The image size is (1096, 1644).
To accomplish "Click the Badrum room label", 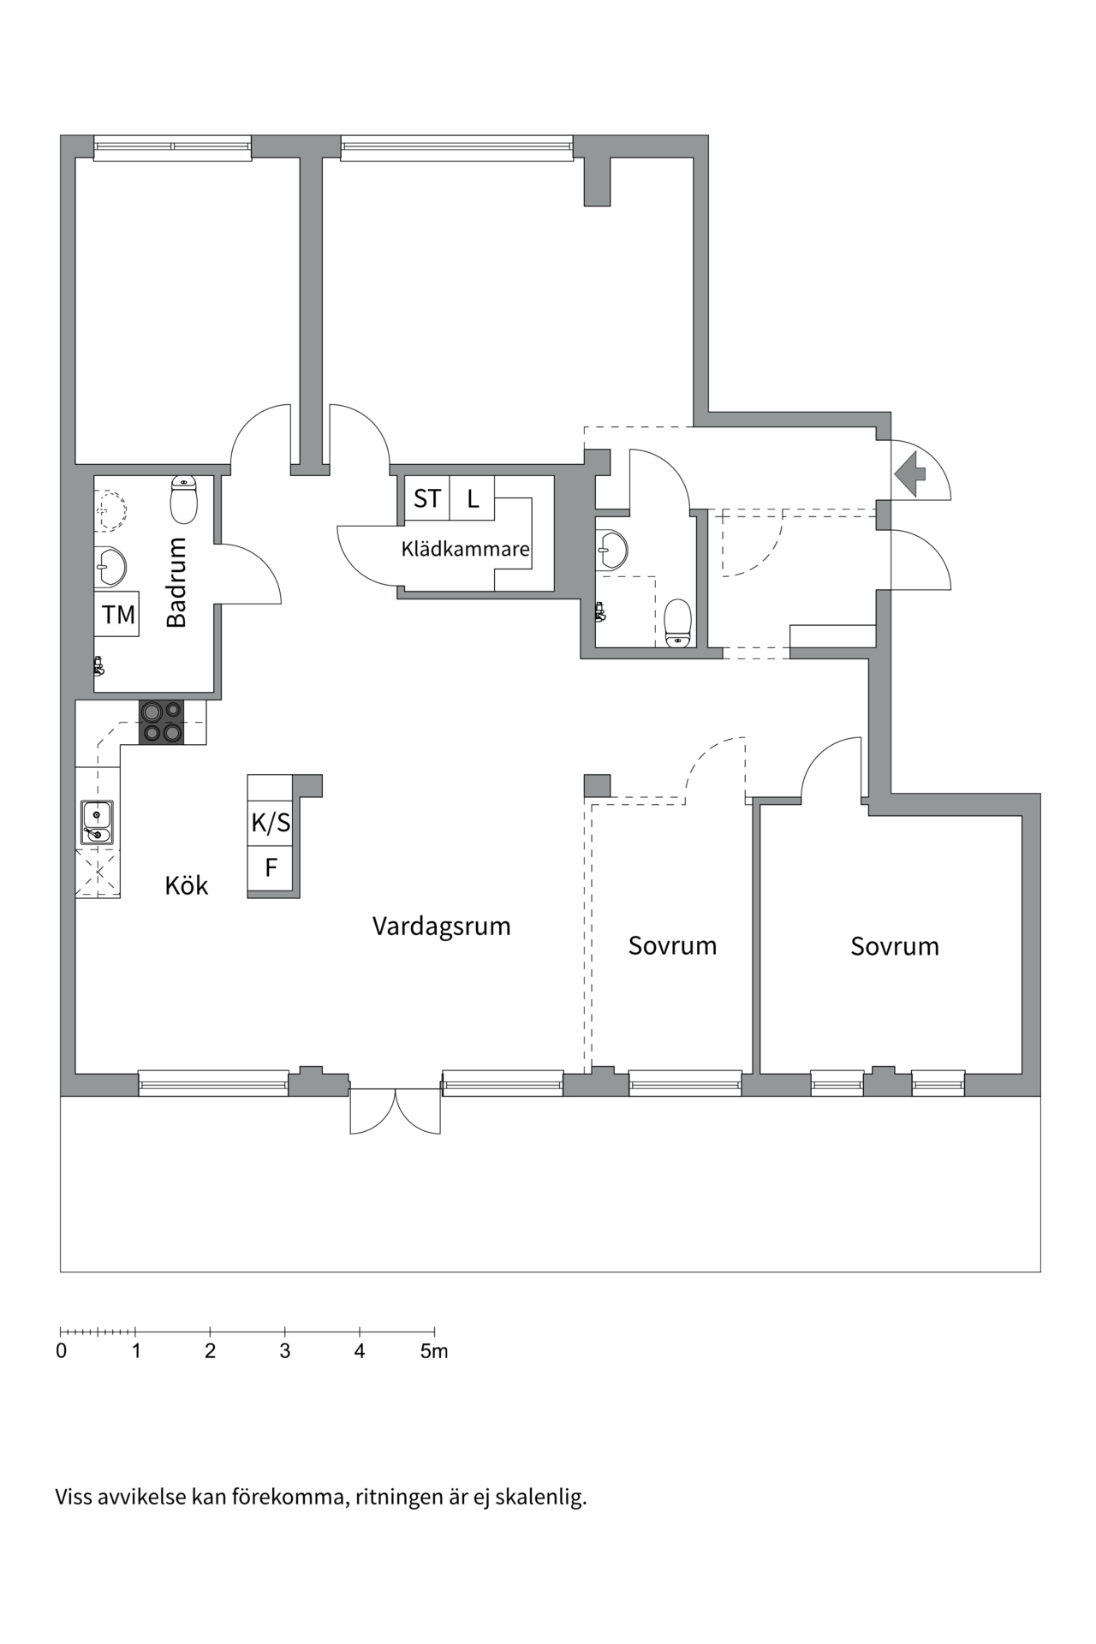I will pyautogui.click(x=176, y=582).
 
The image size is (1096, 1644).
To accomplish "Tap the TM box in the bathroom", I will pyautogui.click(x=117, y=614).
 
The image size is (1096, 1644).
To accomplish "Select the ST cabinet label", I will pyautogui.click(x=426, y=498).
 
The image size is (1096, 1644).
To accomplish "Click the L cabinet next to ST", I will pyautogui.click(x=472, y=498).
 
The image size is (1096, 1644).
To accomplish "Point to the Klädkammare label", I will pyautogui.click(x=465, y=549).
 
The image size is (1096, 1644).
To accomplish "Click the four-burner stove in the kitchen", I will pyautogui.click(x=162, y=722).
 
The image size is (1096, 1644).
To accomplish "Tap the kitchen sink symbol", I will pyautogui.click(x=97, y=822).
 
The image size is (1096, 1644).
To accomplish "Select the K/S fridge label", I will pyautogui.click(x=271, y=823).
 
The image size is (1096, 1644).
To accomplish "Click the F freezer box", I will pyautogui.click(x=271, y=868).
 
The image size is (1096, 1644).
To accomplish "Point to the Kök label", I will pyautogui.click(x=186, y=885).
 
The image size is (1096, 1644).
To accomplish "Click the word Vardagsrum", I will pyautogui.click(x=441, y=926).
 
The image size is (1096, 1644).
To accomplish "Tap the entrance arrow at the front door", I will pyautogui.click(x=909, y=474).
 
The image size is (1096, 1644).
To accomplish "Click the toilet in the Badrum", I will pyautogui.click(x=184, y=500).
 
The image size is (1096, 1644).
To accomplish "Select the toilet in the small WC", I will pyautogui.click(x=677, y=622).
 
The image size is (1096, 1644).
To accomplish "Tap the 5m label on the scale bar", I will pyautogui.click(x=434, y=1351).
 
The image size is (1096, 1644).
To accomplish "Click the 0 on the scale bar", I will pyautogui.click(x=61, y=1351).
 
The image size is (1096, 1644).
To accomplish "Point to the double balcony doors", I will pyautogui.click(x=395, y=1111).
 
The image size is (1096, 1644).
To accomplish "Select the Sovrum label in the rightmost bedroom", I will pyautogui.click(x=894, y=946).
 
